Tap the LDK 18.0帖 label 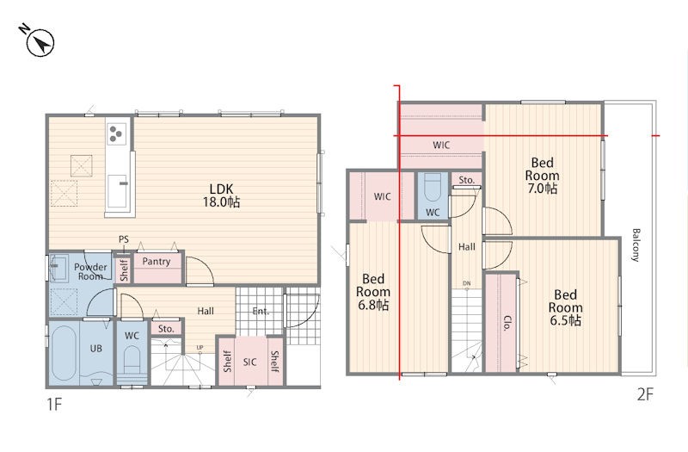coord(221,195)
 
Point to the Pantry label coord(157,262)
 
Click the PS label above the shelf coord(124,239)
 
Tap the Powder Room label coord(90,271)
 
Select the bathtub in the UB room coord(64,353)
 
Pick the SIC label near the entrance coord(249,362)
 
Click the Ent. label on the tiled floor coord(261,312)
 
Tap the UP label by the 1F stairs coord(200,348)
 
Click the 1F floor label coord(54,404)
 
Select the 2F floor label coord(646,394)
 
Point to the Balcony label coord(636,245)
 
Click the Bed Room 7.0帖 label coord(543,176)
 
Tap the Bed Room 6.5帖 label coord(566,307)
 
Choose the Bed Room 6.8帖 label coord(373,292)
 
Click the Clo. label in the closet coord(507,323)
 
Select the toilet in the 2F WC coord(433,187)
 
